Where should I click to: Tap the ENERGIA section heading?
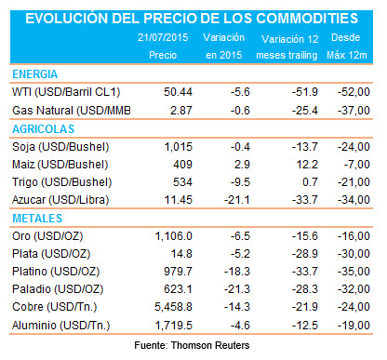37,73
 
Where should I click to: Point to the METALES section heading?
38,217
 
